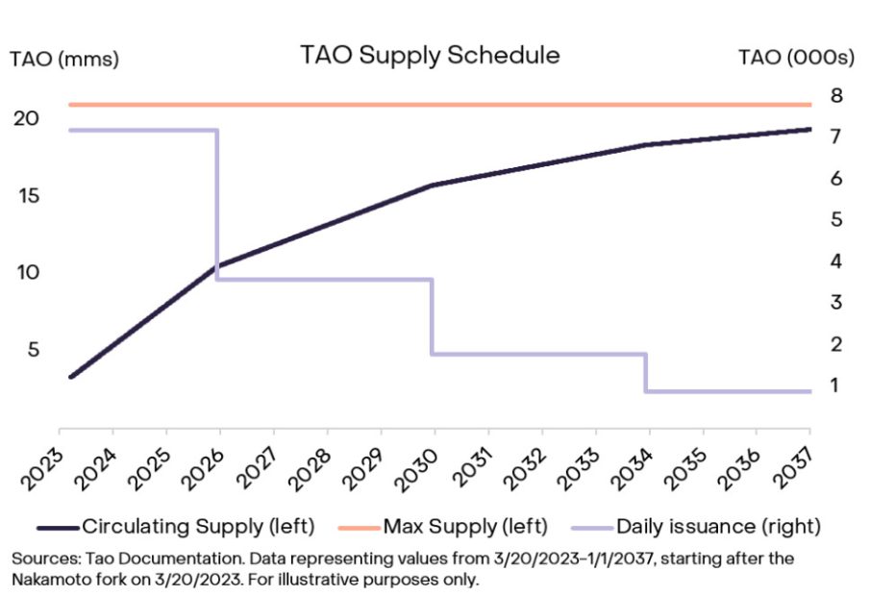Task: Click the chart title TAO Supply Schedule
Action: point(429,55)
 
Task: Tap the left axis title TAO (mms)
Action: point(63,59)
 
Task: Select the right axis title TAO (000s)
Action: point(796,59)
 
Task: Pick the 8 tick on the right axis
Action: point(836,95)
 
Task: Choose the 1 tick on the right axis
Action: point(836,385)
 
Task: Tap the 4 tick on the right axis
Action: point(836,261)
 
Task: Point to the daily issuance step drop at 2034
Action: point(646,373)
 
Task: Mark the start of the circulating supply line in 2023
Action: point(70,376)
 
